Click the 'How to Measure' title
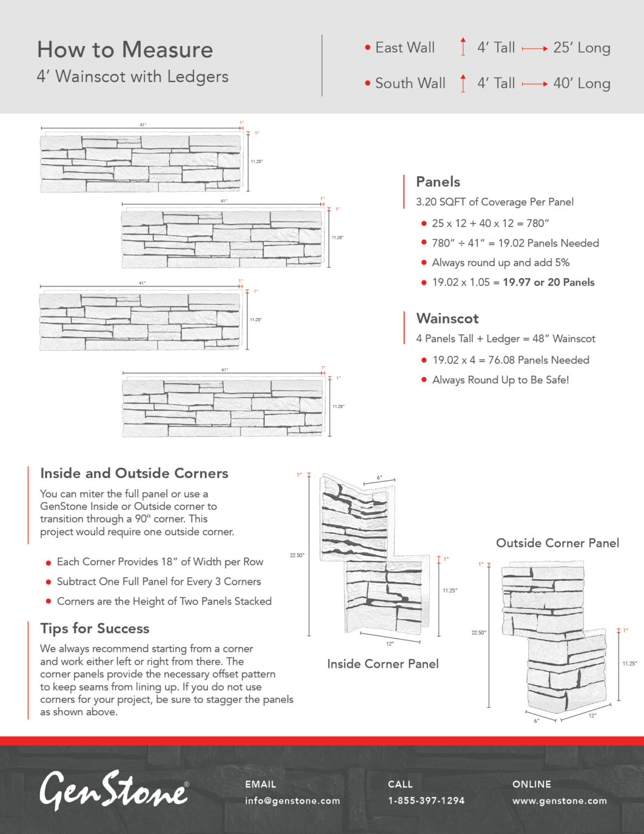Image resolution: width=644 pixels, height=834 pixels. coord(125,50)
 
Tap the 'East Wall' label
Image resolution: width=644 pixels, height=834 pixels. coord(405,48)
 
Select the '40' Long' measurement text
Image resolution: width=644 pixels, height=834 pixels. coord(582,83)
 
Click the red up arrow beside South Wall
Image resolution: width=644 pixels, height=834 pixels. coord(463,83)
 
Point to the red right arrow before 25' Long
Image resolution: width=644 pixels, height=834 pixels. coord(534,48)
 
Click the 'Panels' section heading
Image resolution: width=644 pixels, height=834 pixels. coord(438,182)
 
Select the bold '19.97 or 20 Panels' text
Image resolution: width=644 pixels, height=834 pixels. coord(548,282)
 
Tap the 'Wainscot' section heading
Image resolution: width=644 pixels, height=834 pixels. coord(448,318)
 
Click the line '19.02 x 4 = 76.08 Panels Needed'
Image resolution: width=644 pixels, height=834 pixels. coord(511,360)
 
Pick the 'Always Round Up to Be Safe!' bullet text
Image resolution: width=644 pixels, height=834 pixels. coord(501,380)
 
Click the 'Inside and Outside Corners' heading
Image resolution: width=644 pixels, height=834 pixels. coord(135,473)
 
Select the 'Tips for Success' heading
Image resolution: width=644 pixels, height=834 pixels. coord(95,628)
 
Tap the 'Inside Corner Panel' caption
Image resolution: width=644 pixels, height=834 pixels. coord(383,664)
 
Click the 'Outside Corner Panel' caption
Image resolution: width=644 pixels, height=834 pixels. coord(558,543)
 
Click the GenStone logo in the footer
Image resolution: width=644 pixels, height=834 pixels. coord(114,791)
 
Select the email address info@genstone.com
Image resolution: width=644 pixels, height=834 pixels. coord(292,801)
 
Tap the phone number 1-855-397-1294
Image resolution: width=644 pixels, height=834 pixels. coord(426,801)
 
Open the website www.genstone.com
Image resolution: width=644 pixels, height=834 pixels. coord(559,801)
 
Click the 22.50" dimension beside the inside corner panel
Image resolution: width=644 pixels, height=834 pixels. coord(297,555)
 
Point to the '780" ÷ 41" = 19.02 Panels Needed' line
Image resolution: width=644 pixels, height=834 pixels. coord(515,243)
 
